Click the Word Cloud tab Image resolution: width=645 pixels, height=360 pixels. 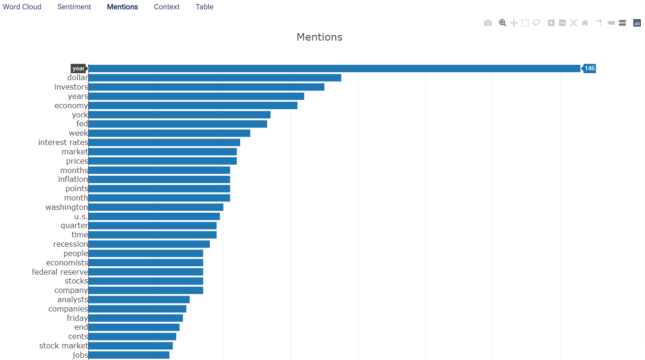click(x=22, y=7)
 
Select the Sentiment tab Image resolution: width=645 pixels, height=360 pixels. click(x=74, y=7)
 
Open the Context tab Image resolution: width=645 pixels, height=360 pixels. click(x=166, y=7)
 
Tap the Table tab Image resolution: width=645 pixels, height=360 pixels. click(x=204, y=7)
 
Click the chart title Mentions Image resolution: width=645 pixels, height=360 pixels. click(x=319, y=37)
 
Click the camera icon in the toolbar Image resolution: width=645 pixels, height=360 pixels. click(x=488, y=23)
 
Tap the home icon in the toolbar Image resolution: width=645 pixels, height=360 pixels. click(x=585, y=23)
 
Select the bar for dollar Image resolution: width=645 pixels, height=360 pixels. click(x=215, y=78)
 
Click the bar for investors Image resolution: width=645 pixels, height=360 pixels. click(x=207, y=87)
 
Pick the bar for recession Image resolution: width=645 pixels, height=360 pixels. click(x=149, y=244)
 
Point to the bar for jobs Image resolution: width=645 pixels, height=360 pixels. click(x=129, y=355)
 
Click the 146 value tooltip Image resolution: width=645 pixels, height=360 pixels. click(x=589, y=69)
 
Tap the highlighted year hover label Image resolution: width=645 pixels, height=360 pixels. click(x=79, y=69)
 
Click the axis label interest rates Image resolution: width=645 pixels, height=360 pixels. click(x=63, y=143)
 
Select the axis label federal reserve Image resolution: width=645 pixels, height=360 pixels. click(x=60, y=272)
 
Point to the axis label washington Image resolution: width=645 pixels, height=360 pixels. click(x=67, y=208)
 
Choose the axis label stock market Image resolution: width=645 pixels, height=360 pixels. click(x=63, y=346)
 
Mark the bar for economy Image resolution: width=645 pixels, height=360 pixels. click(x=193, y=105)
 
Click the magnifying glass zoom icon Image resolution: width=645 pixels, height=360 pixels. click(x=502, y=23)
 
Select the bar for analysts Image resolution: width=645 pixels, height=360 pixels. click(x=139, y=299)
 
